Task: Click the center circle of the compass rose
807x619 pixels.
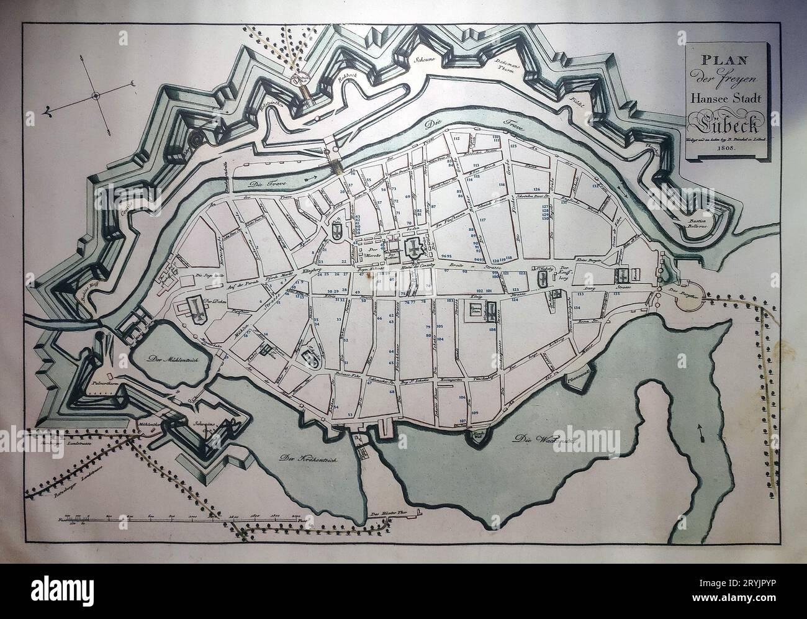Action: (96, 96)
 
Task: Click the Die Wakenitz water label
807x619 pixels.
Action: (535, 438)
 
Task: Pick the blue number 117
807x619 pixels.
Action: (482, 220)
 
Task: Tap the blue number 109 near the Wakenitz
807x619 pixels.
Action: (475, 412)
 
